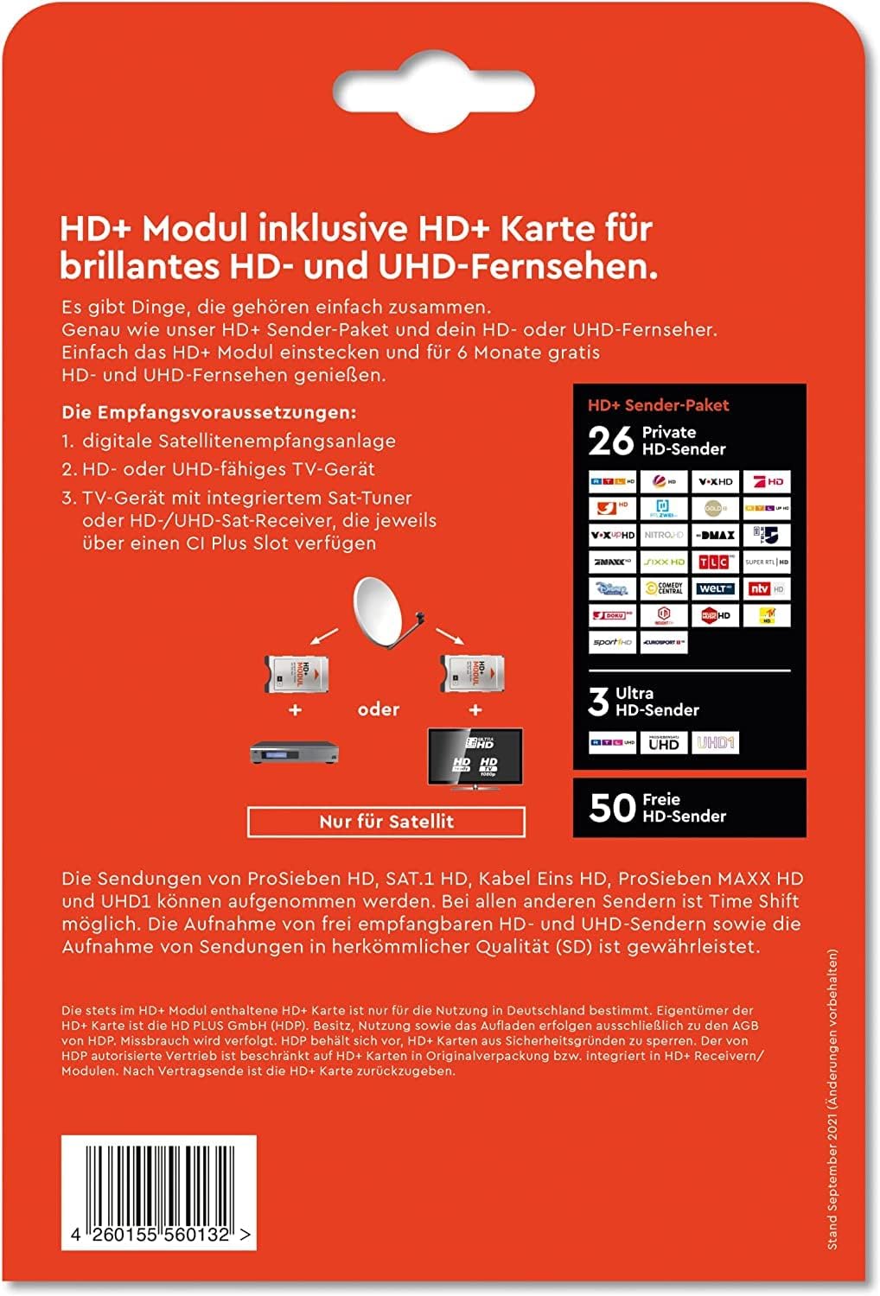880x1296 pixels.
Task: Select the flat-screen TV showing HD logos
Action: click(475, 757)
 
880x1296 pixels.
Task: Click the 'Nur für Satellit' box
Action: click(386, 822)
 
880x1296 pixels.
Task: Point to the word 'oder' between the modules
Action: click(379, 709)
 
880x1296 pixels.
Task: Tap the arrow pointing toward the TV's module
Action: click(450, 638)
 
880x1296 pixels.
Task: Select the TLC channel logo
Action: click(715, 562)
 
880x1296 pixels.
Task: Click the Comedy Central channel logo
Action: click(664, 588)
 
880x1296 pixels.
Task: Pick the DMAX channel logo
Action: click(715, 535)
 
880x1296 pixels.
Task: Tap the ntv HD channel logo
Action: click(766, 588)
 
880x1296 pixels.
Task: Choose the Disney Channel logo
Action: click(613, 588)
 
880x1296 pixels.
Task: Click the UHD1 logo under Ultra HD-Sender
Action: click(715, 743)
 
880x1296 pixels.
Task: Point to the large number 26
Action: click(611, 441)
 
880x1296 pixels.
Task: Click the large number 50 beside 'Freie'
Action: click(612, 808)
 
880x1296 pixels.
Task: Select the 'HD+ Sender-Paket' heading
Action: click(659, 405)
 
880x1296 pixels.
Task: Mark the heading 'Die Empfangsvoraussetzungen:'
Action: click(209, 412)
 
